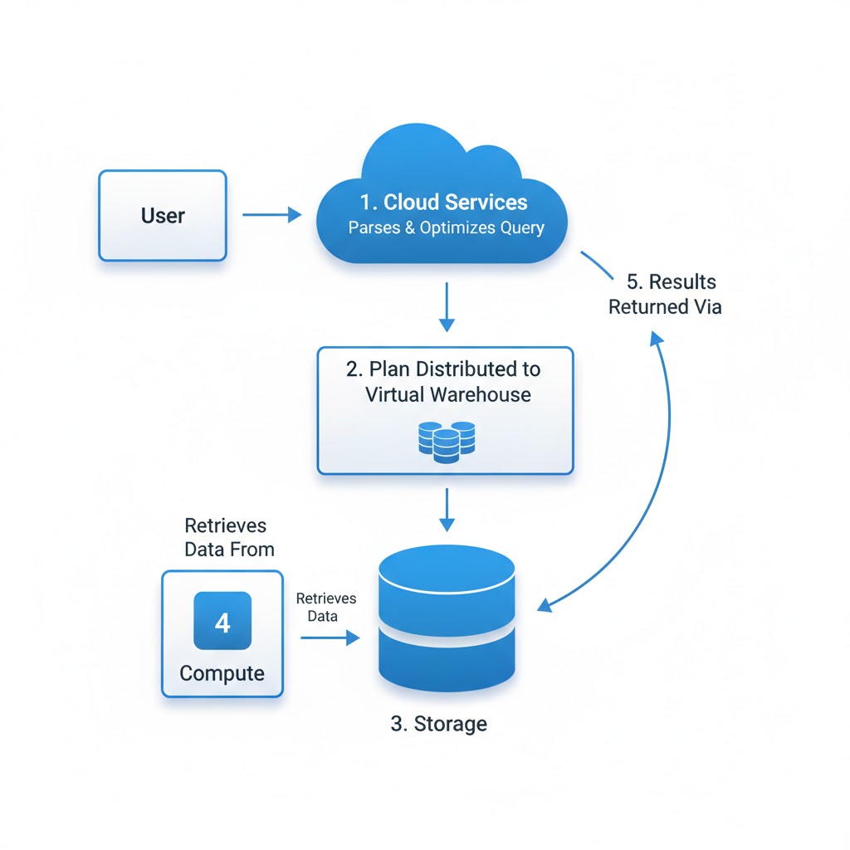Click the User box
tap(163, 216)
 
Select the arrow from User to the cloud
tap(271, 215)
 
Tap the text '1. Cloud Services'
tap(443, 203)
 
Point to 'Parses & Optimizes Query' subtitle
tap(446, 228)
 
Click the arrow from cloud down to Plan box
tap(447, 307)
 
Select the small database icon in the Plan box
tap(446, 441)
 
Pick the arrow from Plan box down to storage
tap(447, 510)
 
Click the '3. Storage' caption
tap(438, 724)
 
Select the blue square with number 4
tap(222, 620)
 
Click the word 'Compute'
tap(222, 672)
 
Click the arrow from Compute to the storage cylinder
tap(330, 637)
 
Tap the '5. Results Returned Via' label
tap(666, 295)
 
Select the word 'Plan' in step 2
tap(388, 369)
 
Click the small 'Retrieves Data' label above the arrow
tap(325, 607)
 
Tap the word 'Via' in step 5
tap(706, 307)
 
